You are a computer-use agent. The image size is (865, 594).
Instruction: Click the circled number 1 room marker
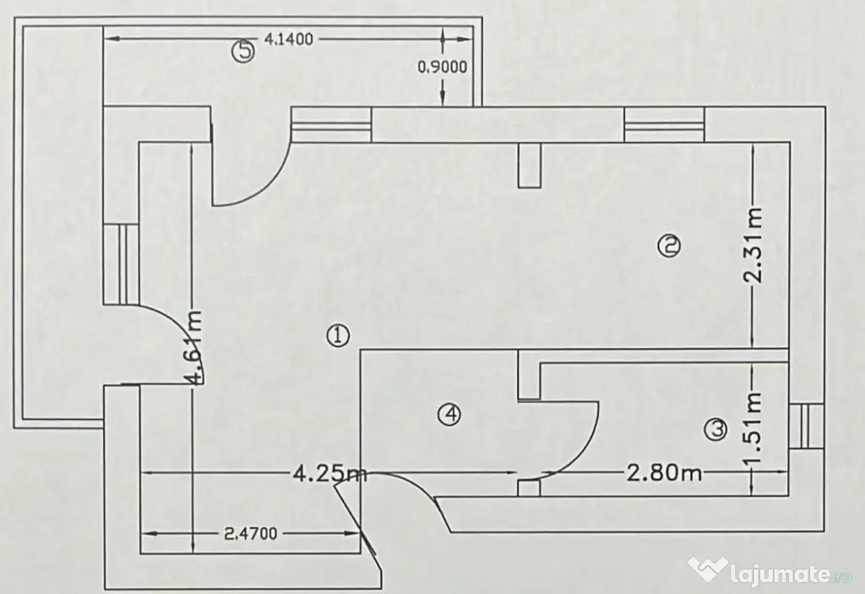pyautogui.click(x=338, y=335)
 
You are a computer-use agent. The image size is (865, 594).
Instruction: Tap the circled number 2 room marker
pyautogui.click(x=670, y=246)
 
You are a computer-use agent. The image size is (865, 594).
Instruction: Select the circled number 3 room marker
pyautogui.click(x=716, y=429)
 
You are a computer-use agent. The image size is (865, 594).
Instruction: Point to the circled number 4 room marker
pyautogui.click(x=449, y=414)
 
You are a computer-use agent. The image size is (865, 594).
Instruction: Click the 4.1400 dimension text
pyautogui.click(x=289, y=39)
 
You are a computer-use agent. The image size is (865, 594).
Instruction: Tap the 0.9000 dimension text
pyautogui.click(x=442, y=67)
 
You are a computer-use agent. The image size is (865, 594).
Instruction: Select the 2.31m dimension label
pyautogui.click(x=753, y=245)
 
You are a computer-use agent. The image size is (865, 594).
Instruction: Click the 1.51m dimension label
pyautogui.click(x=753, y=429)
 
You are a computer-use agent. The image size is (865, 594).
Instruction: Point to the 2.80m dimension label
pyautogui.click(x=664, y=472)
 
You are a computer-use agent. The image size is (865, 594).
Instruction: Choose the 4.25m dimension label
pyautogui.click(x=330, y=473)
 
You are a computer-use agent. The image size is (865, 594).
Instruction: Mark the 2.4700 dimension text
pyautogui.click(x=250, y=534)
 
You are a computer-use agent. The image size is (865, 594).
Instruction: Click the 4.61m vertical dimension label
pyautogui.click(x=193, y=346)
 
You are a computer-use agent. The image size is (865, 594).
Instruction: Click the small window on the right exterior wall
pyautogui.click(x=807, y=426)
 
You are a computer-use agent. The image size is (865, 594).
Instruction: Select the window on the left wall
pyautogui.click(x=121, y=264)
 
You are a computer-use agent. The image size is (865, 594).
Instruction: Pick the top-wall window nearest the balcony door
pyautogui.click(x=331, y=125)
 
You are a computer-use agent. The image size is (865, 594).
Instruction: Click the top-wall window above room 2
pyautogui.click(x=665, y=125)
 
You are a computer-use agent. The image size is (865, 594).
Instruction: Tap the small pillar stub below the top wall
pyautogui.click(x=530, y=166)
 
